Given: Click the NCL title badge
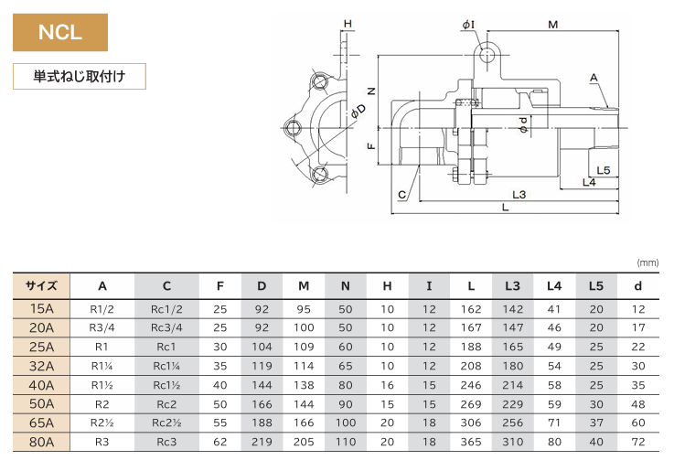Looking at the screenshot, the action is (60, 32).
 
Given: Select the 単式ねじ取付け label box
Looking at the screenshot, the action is (80, 77).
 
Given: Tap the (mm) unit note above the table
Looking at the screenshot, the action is (647, 262).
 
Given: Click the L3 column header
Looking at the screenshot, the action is (512, 285).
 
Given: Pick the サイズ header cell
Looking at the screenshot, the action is (41, 285).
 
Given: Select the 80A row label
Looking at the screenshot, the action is (41, 442).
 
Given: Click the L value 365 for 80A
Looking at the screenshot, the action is (471, 442).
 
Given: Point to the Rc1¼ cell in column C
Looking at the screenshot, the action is (166, 366).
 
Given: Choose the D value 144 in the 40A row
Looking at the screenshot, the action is (262, 385).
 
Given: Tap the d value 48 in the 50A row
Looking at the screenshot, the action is (638, 404).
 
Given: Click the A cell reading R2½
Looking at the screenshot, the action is (102, 423).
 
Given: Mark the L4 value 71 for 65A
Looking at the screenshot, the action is (554, 423).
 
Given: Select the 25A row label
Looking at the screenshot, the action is (41, 347).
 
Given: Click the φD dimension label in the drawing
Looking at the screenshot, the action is (358, 111).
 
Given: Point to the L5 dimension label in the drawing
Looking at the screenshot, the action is (604, 170).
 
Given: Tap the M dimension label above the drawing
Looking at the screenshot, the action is (552, 25).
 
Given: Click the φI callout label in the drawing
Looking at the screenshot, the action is (468, 25).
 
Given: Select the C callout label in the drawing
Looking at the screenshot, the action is (401, 195).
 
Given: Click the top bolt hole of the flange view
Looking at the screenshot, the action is (319, 81).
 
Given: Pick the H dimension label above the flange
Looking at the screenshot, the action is (348, 24).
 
